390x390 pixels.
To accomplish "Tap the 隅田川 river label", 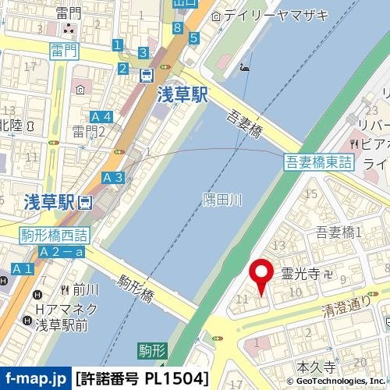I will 222,200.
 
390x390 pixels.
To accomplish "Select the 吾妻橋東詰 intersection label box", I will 318,161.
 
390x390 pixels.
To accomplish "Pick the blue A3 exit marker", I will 112,178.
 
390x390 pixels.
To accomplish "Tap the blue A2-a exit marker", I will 62,252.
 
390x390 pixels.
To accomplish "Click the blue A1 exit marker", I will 22,269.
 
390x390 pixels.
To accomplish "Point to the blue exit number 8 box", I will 178,29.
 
